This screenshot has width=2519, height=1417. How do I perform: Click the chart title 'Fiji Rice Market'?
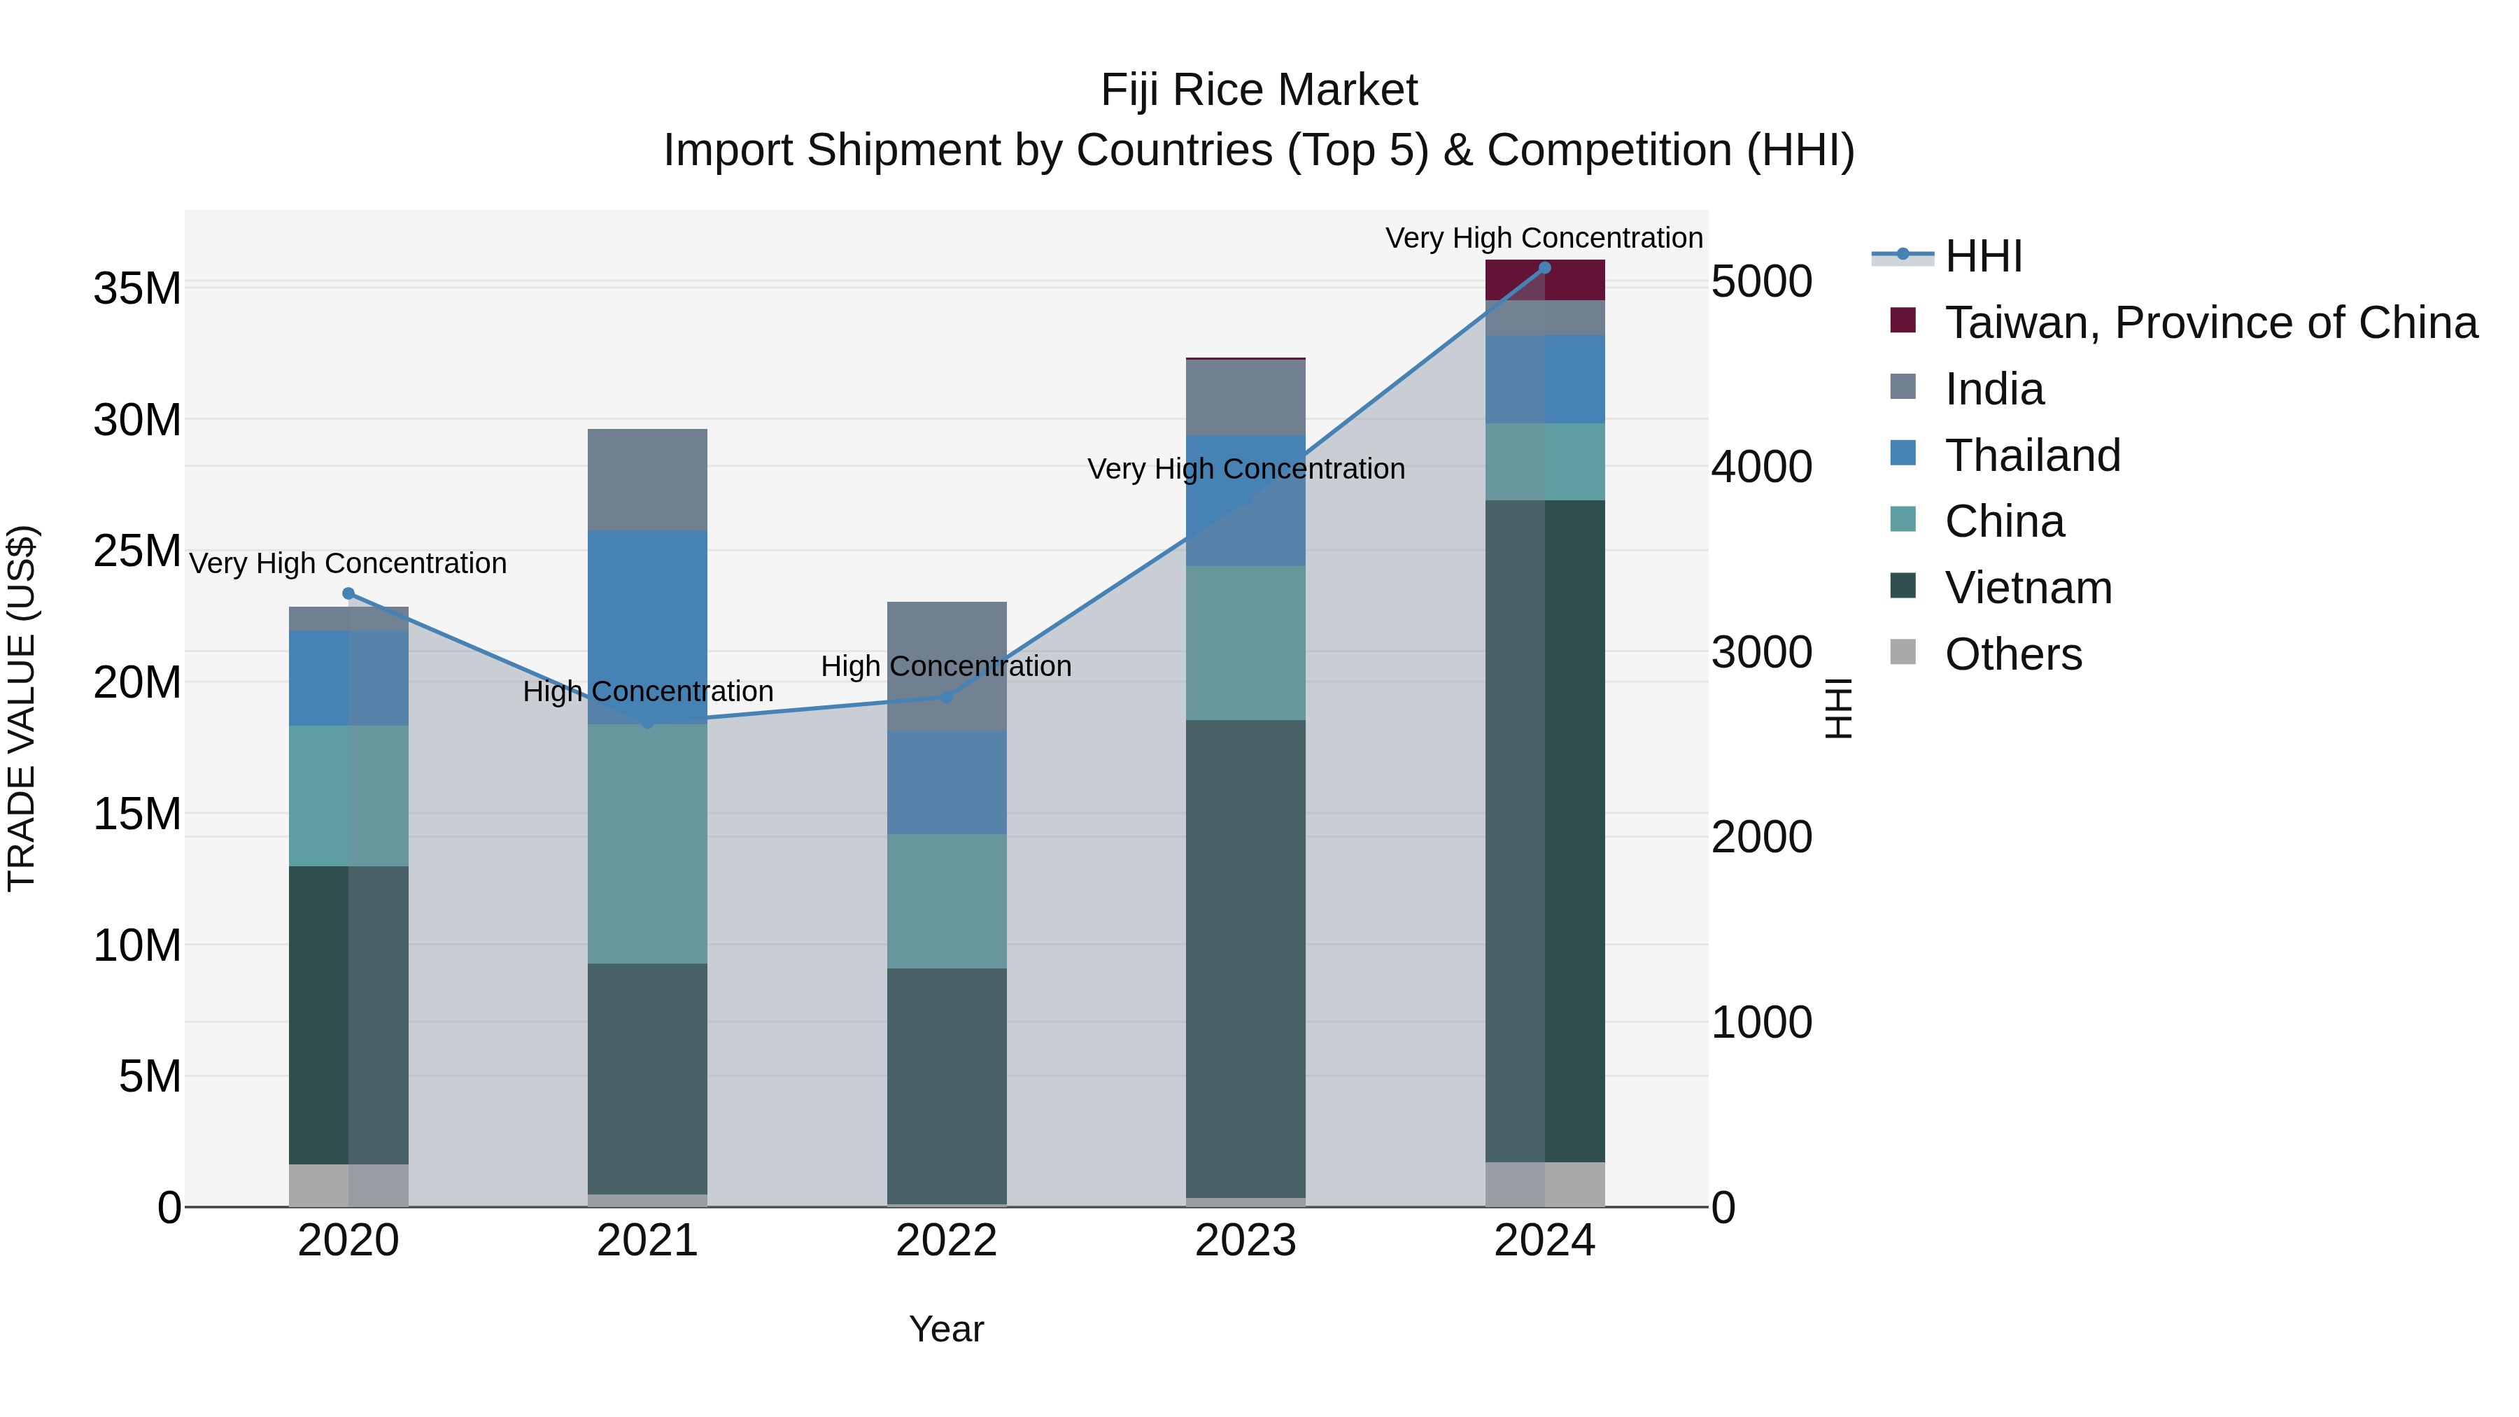[x=1259, y=90]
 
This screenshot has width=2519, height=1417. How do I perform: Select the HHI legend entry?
[x=1982, y=256]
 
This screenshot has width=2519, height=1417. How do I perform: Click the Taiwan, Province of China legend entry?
[x=2210, y=323]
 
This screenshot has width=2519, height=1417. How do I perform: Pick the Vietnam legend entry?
[x=2028, y=588]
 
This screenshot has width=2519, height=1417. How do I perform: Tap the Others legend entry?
[x=2012, y=654]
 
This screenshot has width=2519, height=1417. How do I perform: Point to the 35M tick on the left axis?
[x=137, y=288]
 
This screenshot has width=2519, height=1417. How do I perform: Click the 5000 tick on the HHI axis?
[x=1761, y=281]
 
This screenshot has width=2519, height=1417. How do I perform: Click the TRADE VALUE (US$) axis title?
[x=22, y=708]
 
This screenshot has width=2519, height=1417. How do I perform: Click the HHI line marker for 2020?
[x=348, y=593]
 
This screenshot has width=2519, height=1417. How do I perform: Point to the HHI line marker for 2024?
[x=1544, y=267]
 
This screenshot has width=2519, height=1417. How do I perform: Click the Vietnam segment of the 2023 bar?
[x=1245, y=959]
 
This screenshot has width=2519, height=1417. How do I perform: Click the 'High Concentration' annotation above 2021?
[x=647, y=691]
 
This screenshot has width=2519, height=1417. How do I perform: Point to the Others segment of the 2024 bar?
[x=1544, y=1183]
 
